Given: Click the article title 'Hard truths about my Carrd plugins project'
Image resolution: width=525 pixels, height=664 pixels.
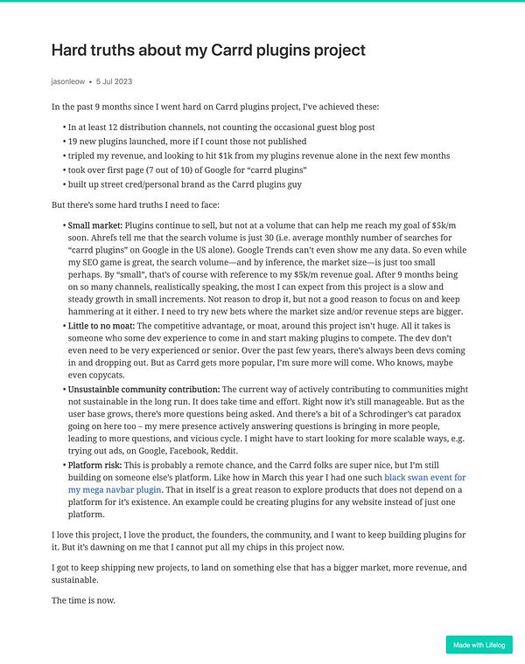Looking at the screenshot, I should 208,50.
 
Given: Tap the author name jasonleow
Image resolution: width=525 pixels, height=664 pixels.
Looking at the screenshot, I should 68,81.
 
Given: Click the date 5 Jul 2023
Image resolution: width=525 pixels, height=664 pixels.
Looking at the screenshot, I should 114,81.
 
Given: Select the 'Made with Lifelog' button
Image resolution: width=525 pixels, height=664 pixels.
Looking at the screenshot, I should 479,645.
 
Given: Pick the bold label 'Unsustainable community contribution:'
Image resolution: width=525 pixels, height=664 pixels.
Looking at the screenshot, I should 143,389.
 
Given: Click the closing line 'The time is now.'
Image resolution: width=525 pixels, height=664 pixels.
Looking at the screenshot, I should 83,600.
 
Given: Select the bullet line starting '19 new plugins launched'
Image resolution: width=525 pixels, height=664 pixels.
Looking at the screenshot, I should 186,141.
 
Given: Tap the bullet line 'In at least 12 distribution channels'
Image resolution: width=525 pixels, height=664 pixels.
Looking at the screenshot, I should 220,127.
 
